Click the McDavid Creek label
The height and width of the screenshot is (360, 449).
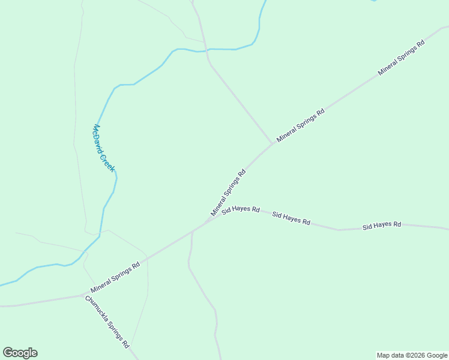pos(104,148)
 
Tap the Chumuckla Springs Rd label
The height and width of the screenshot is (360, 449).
pos(107,322)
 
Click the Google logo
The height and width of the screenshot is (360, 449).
pos(20,353)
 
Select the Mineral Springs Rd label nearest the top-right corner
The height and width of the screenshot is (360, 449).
pos(401,58)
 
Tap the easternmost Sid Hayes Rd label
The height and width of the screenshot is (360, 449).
pos(381,225)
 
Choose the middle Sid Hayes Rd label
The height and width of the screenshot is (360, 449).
pos(291,218)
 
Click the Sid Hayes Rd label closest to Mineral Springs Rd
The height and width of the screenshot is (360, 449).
pos(240,210)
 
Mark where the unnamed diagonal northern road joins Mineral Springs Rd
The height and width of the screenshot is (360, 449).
pos(273,143)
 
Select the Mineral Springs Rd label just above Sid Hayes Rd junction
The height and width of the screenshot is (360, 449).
pos(228,193)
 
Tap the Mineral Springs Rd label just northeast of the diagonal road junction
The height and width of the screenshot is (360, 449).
pos(300,125)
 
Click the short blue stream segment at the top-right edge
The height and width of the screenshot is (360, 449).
pos(373,1)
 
